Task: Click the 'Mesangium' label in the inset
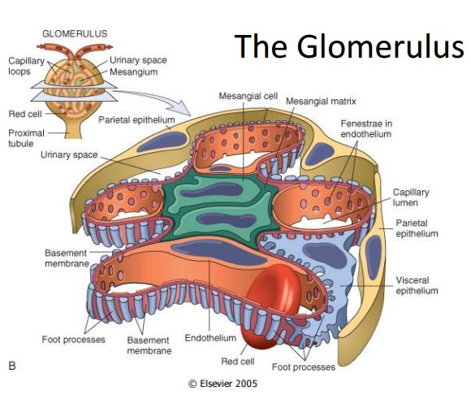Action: (130, 72)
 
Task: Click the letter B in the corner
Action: (12, 367)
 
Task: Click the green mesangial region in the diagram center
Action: (215, 203)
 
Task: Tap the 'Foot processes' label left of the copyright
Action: (71, 339)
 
